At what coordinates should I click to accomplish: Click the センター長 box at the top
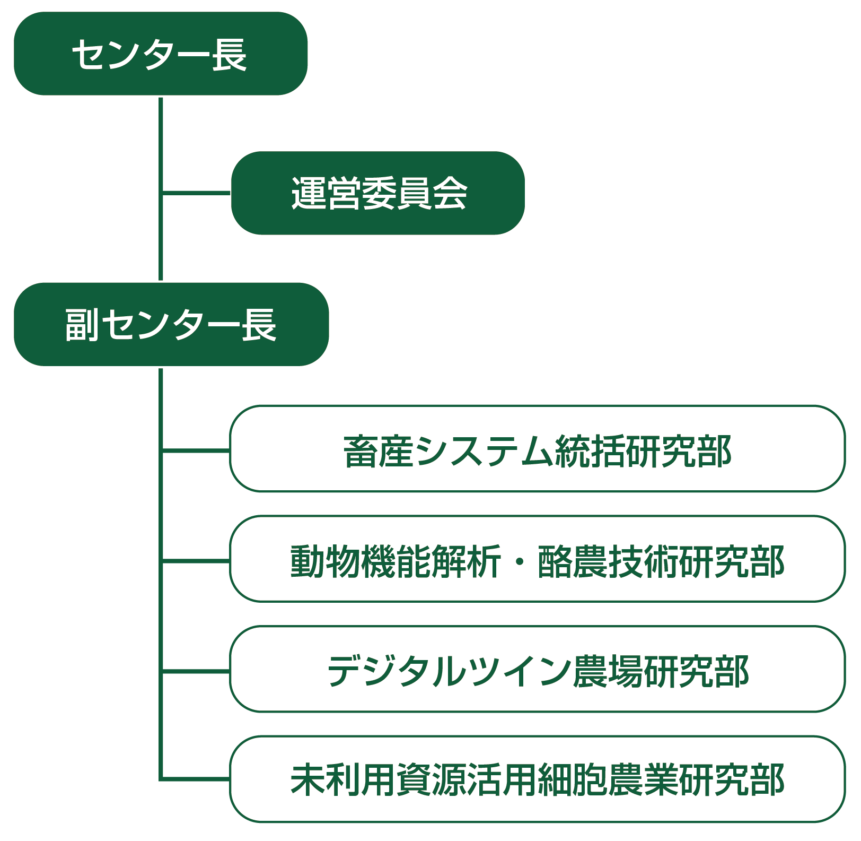160,54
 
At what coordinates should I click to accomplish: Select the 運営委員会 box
378,193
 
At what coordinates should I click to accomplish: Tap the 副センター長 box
171,324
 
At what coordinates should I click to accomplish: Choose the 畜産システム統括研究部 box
537,449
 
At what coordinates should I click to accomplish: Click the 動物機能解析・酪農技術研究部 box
537,559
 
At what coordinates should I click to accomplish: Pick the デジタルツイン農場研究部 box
537,669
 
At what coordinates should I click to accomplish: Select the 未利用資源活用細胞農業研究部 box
537,779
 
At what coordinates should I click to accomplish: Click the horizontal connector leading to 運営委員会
196,192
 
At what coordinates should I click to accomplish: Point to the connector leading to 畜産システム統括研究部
196,450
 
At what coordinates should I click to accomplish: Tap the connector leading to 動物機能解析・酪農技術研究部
196,560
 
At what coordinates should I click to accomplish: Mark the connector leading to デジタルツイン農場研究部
196,671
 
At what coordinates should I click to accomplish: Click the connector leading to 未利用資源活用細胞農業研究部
196,779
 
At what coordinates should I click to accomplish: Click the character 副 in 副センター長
82,324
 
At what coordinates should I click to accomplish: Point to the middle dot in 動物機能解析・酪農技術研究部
519,561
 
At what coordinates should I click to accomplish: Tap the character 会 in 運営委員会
450,193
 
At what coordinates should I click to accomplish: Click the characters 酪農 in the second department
573,561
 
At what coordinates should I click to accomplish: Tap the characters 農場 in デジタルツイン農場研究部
608,671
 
